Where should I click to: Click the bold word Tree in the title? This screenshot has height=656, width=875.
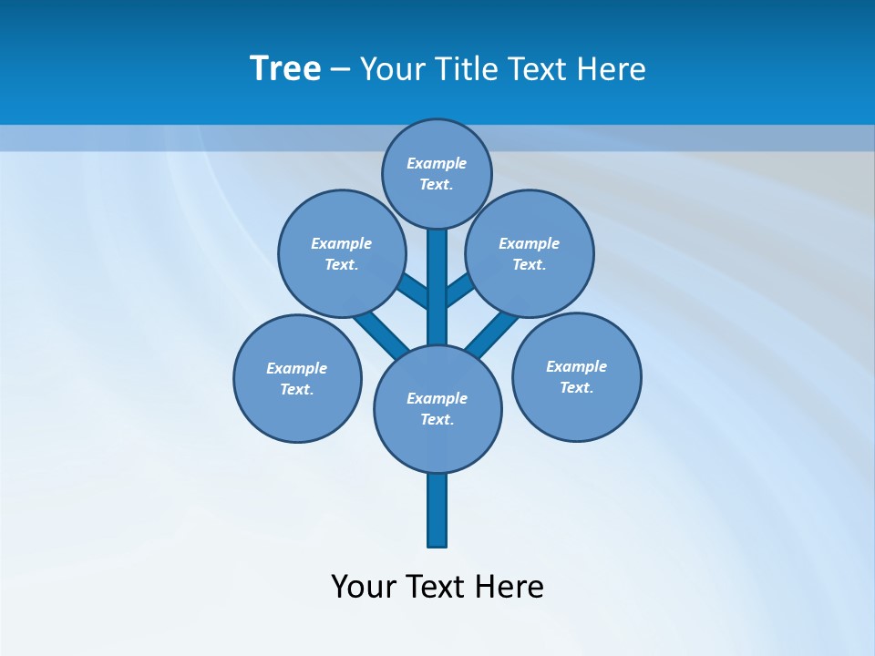pos(285,69)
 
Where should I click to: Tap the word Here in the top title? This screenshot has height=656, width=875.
pos(611,69)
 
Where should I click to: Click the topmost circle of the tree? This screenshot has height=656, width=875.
pos(437,173)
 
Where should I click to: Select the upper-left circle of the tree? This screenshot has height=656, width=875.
pos(342,253)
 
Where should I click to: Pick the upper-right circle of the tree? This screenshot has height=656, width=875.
pos(530,253)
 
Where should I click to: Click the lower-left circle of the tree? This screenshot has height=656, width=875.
pos(297,378)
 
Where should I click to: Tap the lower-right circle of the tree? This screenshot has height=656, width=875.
pos(576,376)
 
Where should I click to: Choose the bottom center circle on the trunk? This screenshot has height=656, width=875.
pos(437,408)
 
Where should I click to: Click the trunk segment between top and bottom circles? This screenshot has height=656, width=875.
pos(437,287)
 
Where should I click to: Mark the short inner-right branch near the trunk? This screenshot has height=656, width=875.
pos(459,290)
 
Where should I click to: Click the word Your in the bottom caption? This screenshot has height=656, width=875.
pos(363,586)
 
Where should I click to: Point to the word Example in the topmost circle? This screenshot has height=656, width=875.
pos(437,163)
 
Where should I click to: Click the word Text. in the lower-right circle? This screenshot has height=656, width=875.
pos(576,387)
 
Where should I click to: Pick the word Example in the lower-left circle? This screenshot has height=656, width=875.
pos(296,368)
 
